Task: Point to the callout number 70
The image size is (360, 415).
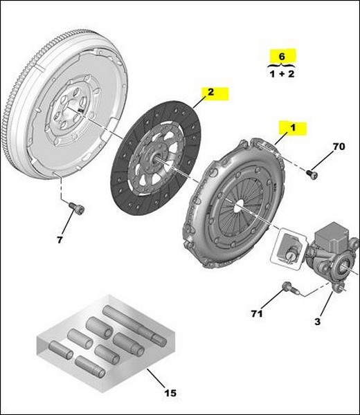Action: point(338,147)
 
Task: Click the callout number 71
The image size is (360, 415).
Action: point(256,314)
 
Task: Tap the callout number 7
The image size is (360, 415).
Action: point(60,239)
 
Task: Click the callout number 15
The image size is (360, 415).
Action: point(170,393)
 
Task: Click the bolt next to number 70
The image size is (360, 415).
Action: point(312,174)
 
